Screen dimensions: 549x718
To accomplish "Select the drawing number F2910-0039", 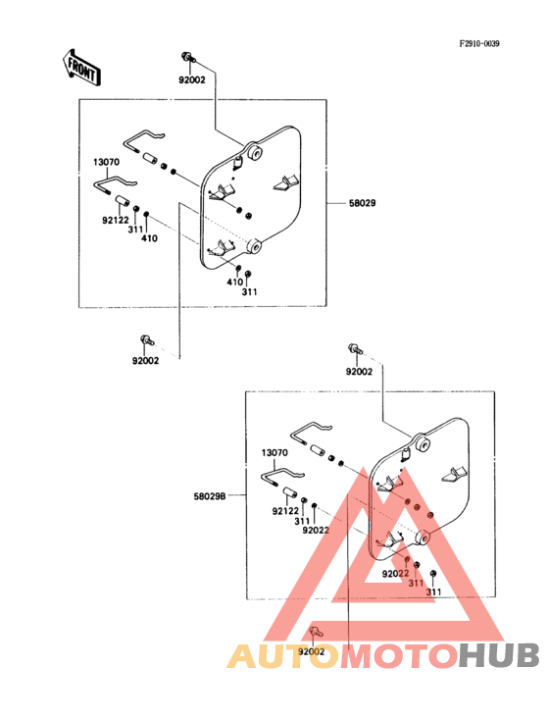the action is pos(479,43).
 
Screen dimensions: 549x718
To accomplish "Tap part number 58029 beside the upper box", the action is pos(363,203).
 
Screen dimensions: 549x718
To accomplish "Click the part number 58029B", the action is pos(210,496).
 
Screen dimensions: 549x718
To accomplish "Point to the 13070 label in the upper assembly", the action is pos(107,162).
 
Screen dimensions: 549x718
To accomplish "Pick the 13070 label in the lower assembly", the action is pos(274,453).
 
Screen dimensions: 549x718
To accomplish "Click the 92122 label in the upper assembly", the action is pos(116,221).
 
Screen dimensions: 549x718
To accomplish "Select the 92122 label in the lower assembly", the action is pos(285,511).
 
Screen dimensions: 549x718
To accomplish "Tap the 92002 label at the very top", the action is pos(192,80).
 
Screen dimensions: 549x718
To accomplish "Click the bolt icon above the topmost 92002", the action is pos(188,57).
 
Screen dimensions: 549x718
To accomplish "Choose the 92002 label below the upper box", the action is pos(146,361).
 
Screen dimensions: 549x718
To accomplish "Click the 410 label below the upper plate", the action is pos(234,282).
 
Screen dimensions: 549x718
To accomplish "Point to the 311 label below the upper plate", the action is pos(250,291).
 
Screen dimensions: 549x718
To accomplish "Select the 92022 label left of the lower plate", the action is pos(316,531).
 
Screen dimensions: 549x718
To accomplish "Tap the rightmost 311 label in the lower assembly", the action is pos(433,592).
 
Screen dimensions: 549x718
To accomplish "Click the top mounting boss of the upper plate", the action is pos(254,152).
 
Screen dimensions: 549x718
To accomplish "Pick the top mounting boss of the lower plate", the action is pos(421,443).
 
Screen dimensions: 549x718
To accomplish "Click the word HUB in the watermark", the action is pos(500,655).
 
